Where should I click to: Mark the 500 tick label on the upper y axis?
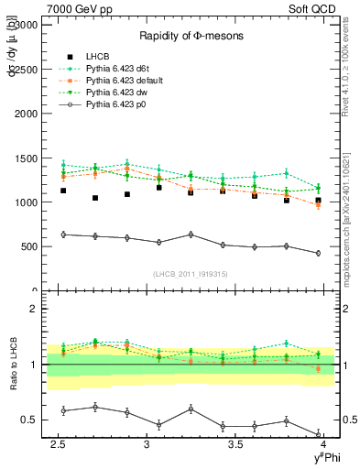27,247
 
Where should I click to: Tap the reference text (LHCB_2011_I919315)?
184,274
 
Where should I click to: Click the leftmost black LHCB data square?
63,191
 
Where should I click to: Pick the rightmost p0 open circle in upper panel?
318,253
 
